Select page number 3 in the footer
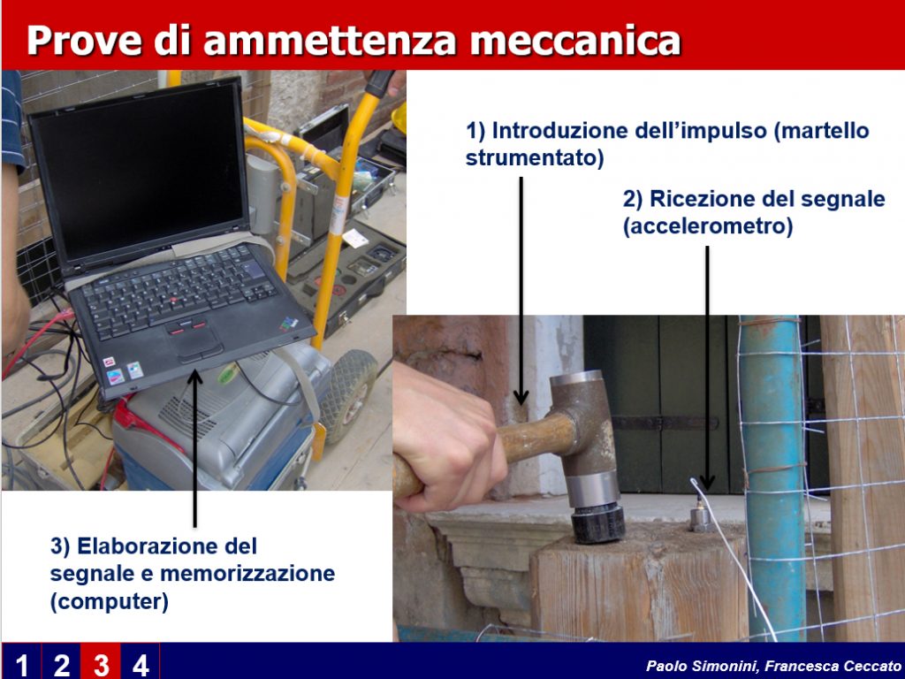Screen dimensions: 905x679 pyautogui.click(x=101, y=665)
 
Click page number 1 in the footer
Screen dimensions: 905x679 pyautogui.click(x=21, y=665)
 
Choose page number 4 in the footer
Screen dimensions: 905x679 pyautogui.click(x=141, y=665)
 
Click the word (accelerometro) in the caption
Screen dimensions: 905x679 pyautogui.click(x=708, y=225)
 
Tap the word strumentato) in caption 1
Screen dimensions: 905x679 pyautogui.click(x=535, y=157)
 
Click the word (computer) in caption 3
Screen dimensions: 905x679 pyautogui.click(x=109, y=601)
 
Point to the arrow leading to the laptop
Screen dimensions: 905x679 pyautogui.click(x=195, y=448)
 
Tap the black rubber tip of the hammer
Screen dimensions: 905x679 pyautogui.click(x=598, y=522)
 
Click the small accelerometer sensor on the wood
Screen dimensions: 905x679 pyautogui.click(x=700, y=519)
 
